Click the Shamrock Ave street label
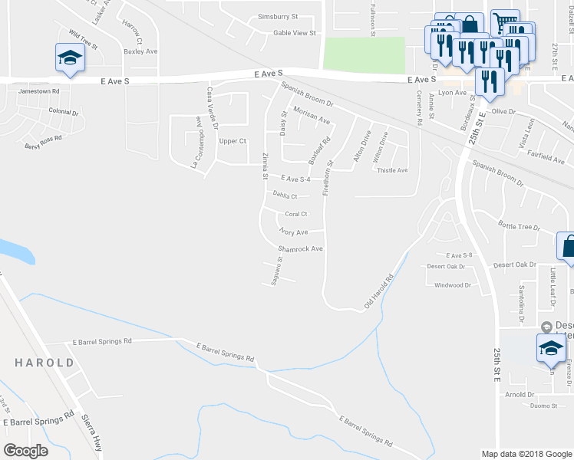tap(300, 249)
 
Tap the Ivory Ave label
tap(294, 232)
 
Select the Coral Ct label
tap(295, 214)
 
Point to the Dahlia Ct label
tap(285, 195)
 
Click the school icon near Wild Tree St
tap(70, 58)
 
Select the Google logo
tap(25, 450)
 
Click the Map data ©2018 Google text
tap(526, 454)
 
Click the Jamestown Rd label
tap(38, 90)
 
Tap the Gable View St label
tap(295, 33)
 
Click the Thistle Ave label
tap(392, 170)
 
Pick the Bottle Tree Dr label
tap(519, 226)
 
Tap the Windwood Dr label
tap(453, 285)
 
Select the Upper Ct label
tap(233, 141)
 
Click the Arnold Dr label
tap(520, 395)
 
